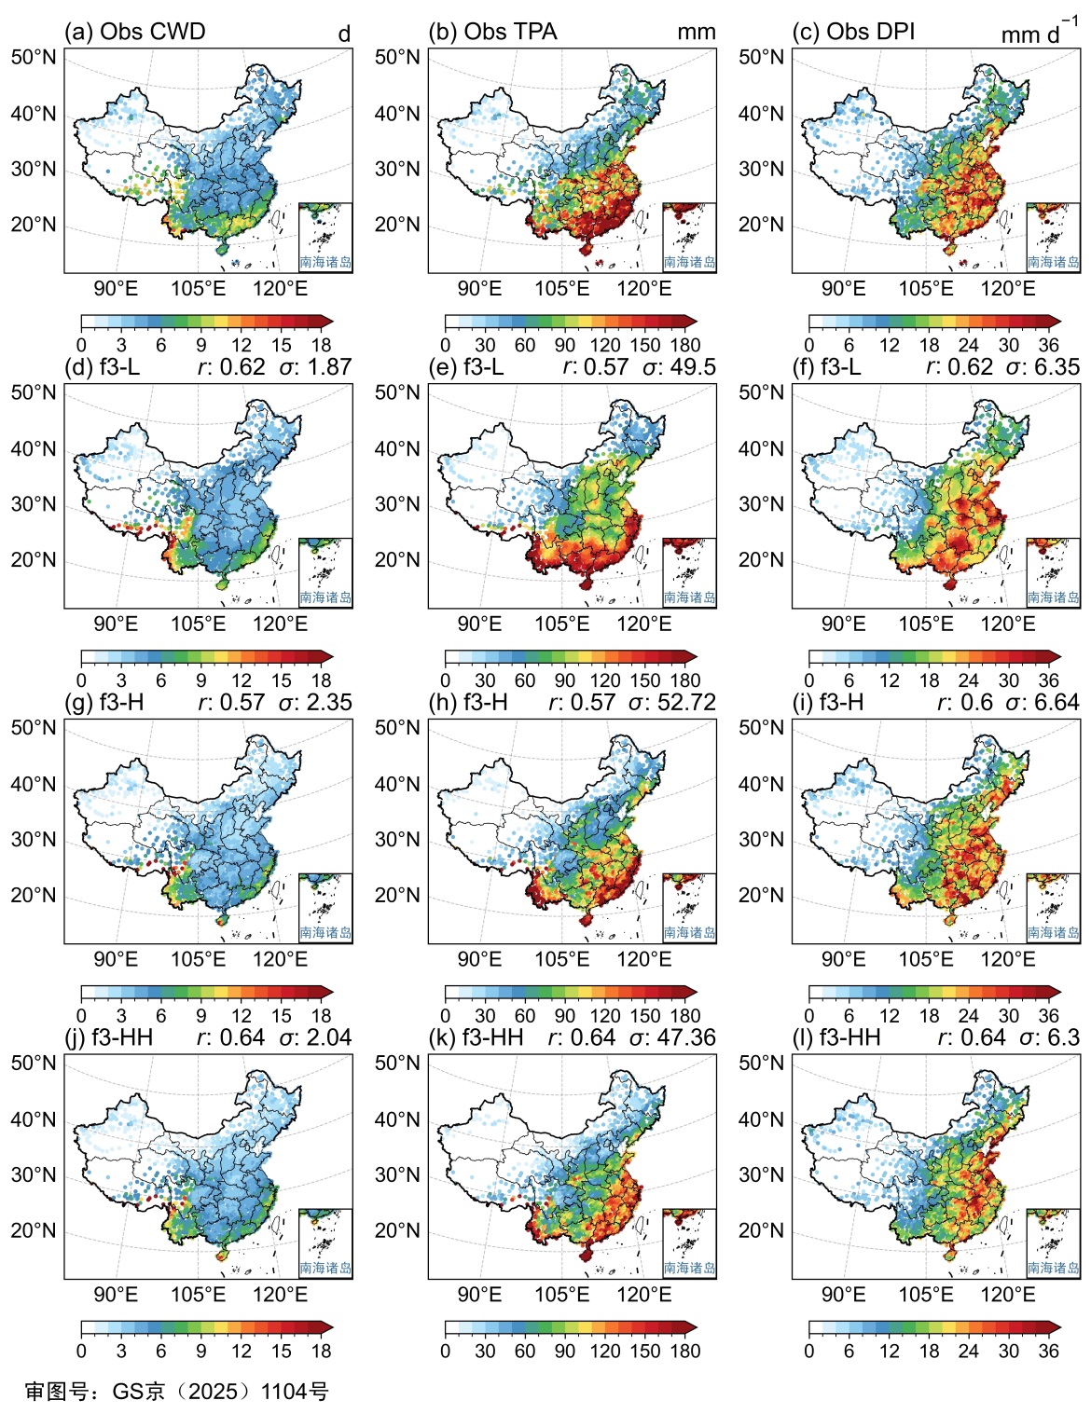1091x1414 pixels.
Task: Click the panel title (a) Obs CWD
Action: pyautogui.click(x=134, y=32)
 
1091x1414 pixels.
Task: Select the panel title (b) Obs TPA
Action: pyautogui.click(x=492, y=32)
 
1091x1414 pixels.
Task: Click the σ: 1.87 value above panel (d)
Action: pyautogui.click(x=315, y=367)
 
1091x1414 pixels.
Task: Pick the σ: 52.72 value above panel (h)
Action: pyautogui.click(x=671, y=702)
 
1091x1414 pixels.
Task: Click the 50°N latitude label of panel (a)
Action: pyautogui.click(x=34, y=58)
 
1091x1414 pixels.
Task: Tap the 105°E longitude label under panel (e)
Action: pyautogui.click(x=561, y=624)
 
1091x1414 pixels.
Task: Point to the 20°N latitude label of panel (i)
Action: pyautogui.click(x=761, y=896)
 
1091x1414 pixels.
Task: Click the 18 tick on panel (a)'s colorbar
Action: pyautogui.click(x=321, y=345)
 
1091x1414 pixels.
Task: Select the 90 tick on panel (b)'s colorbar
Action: pyautogui.click(x=565, y=345)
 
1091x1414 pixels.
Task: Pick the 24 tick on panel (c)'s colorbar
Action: pyautogui.click(x=969, y=345)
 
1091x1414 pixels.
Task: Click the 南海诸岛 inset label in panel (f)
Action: pyautogui.click(x=1053, y=597)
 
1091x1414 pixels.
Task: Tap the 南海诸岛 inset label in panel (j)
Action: pyautogui.click(x=325, y=1268)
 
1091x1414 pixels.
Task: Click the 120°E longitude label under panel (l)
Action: pyautogui.click(x=1007, y=1294)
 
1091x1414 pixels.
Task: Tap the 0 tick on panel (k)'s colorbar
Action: pyautogui.click(x=446, y=1351)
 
